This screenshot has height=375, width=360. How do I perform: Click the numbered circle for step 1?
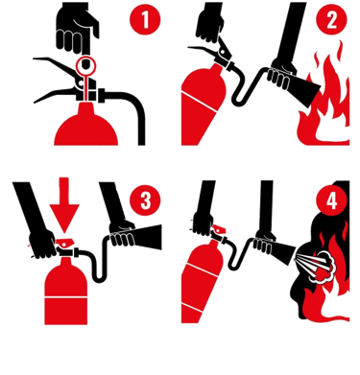click(x=145, y=19)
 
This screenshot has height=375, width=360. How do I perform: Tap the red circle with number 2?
click(x=331, y=19)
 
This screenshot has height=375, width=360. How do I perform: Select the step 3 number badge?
click(x=145, y=200)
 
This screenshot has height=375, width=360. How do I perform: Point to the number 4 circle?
click(x=331, y=200)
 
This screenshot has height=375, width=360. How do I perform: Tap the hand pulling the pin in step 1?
click(x=77, y=31)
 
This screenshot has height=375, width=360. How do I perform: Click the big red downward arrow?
click(x=64, y=204)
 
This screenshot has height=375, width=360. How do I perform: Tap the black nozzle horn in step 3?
click(x=147, y=237)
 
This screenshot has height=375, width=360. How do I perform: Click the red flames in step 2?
click(x=324, y=103)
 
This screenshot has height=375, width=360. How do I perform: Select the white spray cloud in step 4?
click(x=320, y=267)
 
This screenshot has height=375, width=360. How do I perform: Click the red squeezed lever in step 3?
click(x=65, y=243)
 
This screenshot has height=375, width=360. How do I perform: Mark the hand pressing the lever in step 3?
click(x=42, y=243)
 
